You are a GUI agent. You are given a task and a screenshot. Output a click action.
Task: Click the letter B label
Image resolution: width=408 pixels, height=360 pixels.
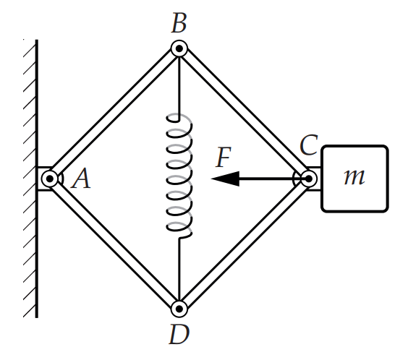click(179, 23)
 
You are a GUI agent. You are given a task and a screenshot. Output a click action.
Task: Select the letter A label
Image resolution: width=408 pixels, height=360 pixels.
click(82, 178)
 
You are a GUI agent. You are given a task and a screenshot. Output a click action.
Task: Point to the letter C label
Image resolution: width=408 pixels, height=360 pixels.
click(309, 145)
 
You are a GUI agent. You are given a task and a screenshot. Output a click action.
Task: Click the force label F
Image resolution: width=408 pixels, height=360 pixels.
click(224, 158)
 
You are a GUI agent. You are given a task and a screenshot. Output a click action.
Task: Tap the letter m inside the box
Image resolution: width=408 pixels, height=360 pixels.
click(354, 177)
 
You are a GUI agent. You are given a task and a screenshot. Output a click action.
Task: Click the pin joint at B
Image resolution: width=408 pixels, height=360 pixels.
click(179, 48)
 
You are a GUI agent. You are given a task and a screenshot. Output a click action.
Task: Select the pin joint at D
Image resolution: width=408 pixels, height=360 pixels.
click(179, 309)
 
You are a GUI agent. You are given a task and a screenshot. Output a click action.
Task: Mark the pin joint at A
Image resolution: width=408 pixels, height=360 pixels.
click(49, 179)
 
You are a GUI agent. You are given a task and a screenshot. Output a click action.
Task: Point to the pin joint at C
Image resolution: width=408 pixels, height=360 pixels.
click(309, 179)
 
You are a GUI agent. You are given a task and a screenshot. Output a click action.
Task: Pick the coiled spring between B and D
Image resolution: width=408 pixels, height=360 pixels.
click(179, 176)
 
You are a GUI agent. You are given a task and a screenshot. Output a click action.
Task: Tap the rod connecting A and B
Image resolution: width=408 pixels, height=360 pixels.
click(114, 113)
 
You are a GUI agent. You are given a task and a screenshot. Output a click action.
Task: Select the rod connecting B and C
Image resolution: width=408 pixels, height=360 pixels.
click(244, 113)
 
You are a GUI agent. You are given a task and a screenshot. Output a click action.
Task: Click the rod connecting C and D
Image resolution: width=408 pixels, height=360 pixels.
click(244, 244)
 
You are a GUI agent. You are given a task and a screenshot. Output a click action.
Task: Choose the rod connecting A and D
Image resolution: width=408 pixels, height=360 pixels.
click(114, 244)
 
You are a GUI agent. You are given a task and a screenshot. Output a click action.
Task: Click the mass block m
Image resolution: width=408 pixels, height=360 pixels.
click(355, 179)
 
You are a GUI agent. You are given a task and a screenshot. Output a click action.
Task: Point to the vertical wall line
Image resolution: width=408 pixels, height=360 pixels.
click(37, 179)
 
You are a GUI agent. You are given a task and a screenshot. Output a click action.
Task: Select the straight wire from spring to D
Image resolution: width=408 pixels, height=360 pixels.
click(179, 270)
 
